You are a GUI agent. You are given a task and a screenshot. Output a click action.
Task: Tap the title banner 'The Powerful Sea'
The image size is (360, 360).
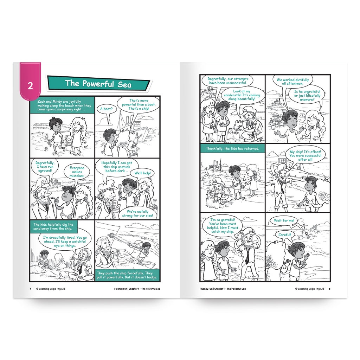(98, 83)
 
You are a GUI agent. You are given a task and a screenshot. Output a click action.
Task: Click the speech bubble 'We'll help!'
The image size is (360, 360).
(143, 173)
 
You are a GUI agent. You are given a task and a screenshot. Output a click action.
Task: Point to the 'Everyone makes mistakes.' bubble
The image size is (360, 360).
(77, 172)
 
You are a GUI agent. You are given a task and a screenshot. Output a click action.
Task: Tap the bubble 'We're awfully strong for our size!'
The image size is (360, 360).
(137, 213)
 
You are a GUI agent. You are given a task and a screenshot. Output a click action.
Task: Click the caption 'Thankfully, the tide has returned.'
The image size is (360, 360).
(232, 149)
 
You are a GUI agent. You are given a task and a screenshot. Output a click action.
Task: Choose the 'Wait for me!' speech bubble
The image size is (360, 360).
(284, 220)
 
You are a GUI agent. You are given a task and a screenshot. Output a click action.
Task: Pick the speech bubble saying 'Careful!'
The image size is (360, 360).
(285, 235)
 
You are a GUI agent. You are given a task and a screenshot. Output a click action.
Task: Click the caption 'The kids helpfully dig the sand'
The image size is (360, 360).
(53, 226)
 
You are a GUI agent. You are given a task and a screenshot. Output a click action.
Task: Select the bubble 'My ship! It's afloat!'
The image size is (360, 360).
(305, 155)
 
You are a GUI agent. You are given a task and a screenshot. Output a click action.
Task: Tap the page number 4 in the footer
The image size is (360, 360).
(30, 289)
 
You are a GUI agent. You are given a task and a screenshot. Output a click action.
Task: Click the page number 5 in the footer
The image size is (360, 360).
(330, 289)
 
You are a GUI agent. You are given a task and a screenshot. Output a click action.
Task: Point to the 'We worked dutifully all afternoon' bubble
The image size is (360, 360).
(292, 82)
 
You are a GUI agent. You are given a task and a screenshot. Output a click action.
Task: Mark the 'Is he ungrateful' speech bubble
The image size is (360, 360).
(307, 95)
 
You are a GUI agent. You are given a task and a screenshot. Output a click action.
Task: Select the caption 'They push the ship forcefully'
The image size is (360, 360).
(127, 275)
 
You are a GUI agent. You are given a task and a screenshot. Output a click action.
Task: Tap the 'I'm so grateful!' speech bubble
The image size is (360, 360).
(223, 226)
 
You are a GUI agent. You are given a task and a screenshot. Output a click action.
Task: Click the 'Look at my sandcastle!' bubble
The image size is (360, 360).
(242, 95)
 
